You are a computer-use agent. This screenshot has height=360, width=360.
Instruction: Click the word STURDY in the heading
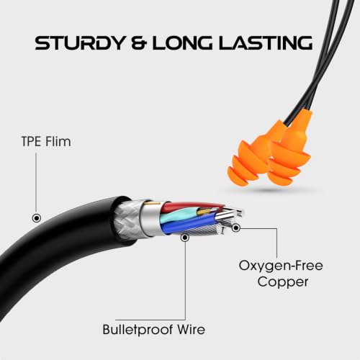click(80, 43)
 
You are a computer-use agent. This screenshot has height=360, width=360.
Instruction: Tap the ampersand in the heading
click(139, 43)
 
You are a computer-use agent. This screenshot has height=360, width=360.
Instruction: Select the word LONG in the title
click(182, 43)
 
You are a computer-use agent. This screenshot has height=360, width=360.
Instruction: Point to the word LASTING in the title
click(266, 43)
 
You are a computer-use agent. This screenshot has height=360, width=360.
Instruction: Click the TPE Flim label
click(46, 141)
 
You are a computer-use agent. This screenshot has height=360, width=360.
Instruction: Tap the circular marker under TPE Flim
click(37, 218)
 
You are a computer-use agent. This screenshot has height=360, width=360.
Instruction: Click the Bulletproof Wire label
click(154, 330)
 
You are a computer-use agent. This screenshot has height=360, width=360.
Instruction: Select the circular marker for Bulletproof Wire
click(185, 238)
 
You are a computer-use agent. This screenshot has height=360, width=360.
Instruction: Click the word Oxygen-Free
click(281, 266)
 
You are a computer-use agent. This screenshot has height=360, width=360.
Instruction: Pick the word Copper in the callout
click(283, 282)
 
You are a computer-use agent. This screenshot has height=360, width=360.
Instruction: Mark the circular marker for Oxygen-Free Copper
click(236, 228)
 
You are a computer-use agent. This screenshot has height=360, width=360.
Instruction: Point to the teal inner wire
click(179, 214)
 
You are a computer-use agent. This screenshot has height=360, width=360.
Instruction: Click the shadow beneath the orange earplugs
click(271, 190)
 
